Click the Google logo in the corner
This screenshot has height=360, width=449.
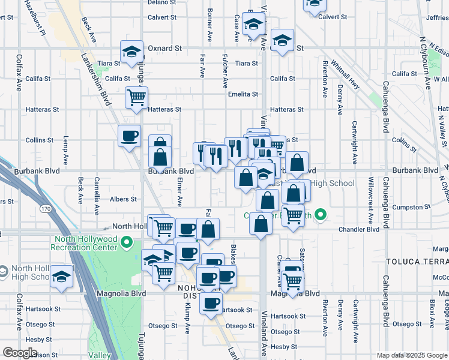20,353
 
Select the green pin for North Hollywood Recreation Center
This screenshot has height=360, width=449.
126,242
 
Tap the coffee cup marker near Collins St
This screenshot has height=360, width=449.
130,137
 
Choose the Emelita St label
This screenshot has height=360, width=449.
243,94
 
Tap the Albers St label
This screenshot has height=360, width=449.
123,199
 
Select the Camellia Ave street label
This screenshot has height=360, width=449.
96,196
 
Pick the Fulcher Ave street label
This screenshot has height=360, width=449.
225,71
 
